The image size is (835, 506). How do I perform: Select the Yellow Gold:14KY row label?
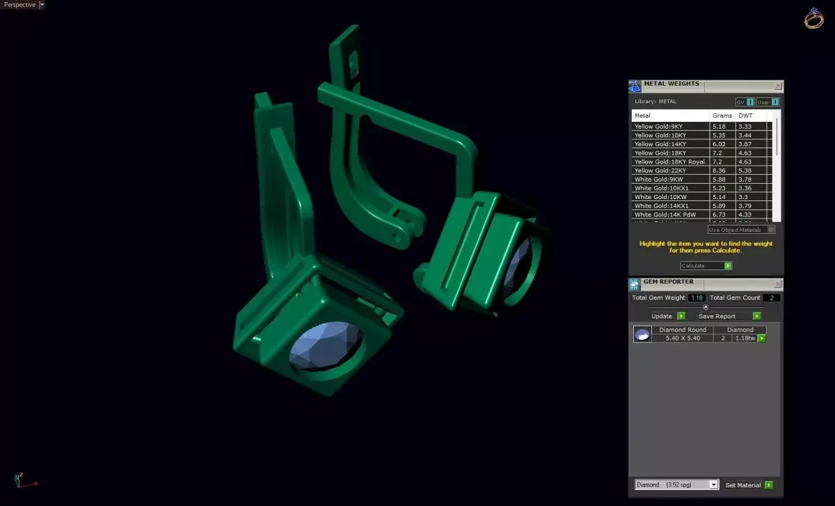pos(660,144)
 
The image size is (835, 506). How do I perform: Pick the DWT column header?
pos(745,116)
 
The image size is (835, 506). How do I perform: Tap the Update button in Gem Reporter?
pos(667,316)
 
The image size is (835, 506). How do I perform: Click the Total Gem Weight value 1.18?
pos(697,298)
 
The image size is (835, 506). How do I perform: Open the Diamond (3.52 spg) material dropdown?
pos(676,484)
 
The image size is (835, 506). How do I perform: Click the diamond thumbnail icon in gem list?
pos(642,335)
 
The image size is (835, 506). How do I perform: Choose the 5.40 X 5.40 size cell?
pos(682,338)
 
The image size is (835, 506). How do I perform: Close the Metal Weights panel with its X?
pos(778,86)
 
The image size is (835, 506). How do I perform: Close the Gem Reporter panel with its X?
pos(778,284)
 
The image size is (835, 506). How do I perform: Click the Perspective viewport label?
pos(19,5)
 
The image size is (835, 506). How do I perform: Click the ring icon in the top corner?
pos(813,19)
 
